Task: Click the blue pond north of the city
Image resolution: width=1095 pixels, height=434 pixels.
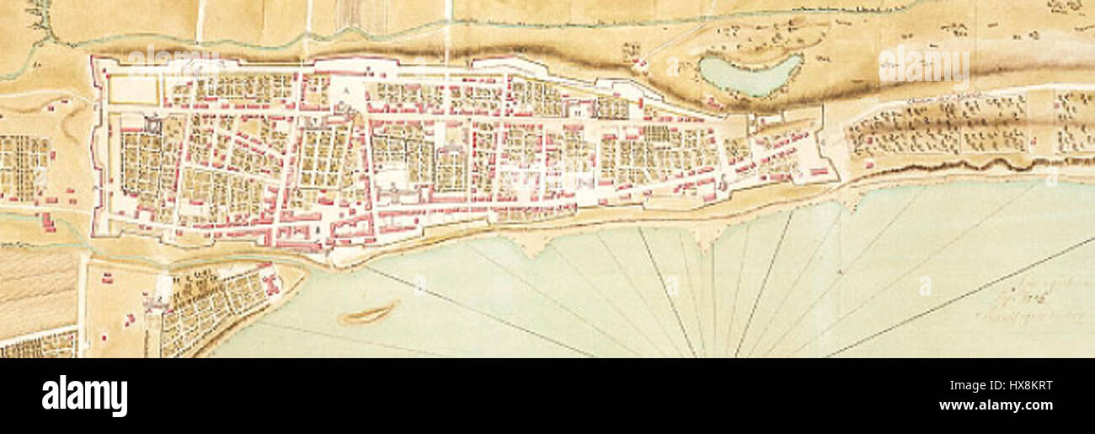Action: [750, 75]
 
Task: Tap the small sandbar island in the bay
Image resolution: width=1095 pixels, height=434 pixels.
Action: [368, 314]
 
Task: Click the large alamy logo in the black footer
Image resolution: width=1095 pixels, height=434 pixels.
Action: [84, 396]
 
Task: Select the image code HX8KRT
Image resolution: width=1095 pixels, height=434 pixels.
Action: [1021, 386]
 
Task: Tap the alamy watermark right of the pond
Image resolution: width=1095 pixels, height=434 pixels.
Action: [923, 66]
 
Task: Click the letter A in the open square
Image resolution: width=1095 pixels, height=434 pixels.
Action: [346, 88]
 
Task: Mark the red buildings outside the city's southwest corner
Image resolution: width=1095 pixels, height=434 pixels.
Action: [48, 222]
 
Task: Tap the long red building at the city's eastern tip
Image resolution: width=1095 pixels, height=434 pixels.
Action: [817, 172]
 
